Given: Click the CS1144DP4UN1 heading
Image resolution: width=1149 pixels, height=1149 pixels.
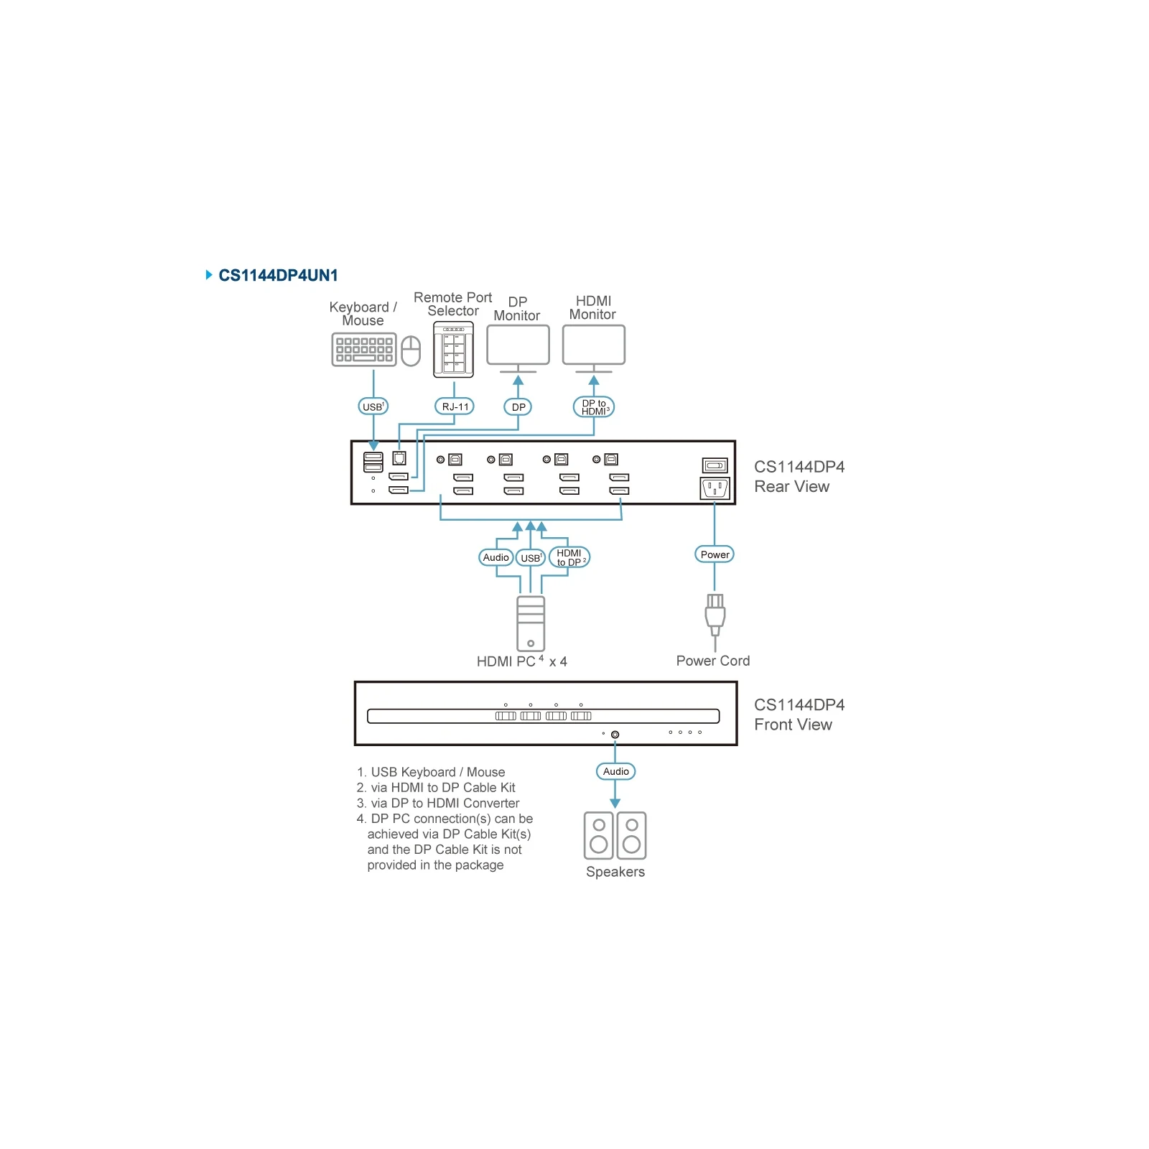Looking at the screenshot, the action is pyautogui.click(x=278, y=275).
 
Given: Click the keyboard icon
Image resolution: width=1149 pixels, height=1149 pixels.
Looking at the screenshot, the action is pyautogui.click(x=364, y=350).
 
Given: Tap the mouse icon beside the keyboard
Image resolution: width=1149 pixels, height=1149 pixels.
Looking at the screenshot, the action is pyautogui.click(x=411, y=351).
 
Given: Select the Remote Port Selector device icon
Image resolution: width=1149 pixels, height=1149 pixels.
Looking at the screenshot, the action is pyautogui.click(x=454, y=350).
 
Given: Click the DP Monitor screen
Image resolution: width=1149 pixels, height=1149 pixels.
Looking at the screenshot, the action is pyautogui.click(x=518, y=345).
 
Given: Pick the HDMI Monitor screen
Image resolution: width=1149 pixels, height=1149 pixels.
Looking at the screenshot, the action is pyautogui.click(x=594, y=345).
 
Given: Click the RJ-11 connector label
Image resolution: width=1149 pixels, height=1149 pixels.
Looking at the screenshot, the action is pyautogui.click(x=455, y=406).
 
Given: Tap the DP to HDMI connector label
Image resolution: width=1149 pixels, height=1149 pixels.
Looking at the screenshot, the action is pyautogui.click(x=594, y=407).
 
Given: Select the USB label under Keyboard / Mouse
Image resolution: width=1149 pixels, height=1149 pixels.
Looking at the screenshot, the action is pyautogui.click(x=373, y=406).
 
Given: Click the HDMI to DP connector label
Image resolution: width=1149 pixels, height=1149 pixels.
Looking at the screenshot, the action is pyautogui.click(x=569, y=557).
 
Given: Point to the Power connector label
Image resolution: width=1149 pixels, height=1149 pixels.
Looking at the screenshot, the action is pyautogui.click(x=715, y=554).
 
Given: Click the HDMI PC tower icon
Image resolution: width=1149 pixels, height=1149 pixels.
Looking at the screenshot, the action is pyautogui.click(x=531, y=623).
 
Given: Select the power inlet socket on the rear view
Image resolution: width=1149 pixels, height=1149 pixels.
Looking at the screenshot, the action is pyautogui.click(x=715, y=488).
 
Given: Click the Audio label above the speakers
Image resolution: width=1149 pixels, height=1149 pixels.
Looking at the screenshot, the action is pyautogui.click(x=616, y=771).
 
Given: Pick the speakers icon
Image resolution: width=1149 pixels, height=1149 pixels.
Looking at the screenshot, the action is pyautogui.click(x=615, y=836).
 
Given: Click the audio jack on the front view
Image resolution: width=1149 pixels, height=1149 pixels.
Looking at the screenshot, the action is pyautogui.click(x=615, y=735).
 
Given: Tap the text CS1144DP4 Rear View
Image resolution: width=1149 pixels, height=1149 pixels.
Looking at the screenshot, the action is pyautogui.click(x=799, y=477).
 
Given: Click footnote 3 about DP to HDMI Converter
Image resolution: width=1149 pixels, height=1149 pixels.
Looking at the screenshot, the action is pyautogui.click(x=438, y=803).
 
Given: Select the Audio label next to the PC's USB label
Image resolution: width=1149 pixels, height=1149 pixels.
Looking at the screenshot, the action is pyautogui.click(x=496, y=557).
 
